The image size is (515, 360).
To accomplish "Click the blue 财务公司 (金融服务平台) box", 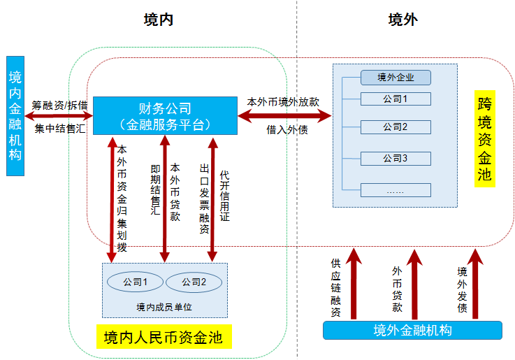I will coord(165,116).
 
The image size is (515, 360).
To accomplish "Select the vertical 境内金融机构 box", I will coord(15,115).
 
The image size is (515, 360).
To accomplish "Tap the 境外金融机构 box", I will coord(412,330).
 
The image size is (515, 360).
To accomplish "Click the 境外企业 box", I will coord(396,77).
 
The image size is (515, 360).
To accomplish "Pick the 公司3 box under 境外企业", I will coord(396,158).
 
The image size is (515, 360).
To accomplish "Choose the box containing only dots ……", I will coord(396,190).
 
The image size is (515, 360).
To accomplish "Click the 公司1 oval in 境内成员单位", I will coord(135,282).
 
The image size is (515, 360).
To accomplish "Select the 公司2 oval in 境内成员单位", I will coord(194,282).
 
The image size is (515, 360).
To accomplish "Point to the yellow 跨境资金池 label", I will coord(484,139).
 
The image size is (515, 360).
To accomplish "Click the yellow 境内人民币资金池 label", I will coord(163,338).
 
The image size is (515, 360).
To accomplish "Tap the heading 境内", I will coord(159,20).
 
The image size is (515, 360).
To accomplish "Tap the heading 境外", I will coord(403,20).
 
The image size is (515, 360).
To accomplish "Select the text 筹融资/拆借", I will coord(59,105).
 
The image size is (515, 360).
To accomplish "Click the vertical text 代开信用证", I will coord(224,195).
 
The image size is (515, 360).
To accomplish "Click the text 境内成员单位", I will coord(164,307).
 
